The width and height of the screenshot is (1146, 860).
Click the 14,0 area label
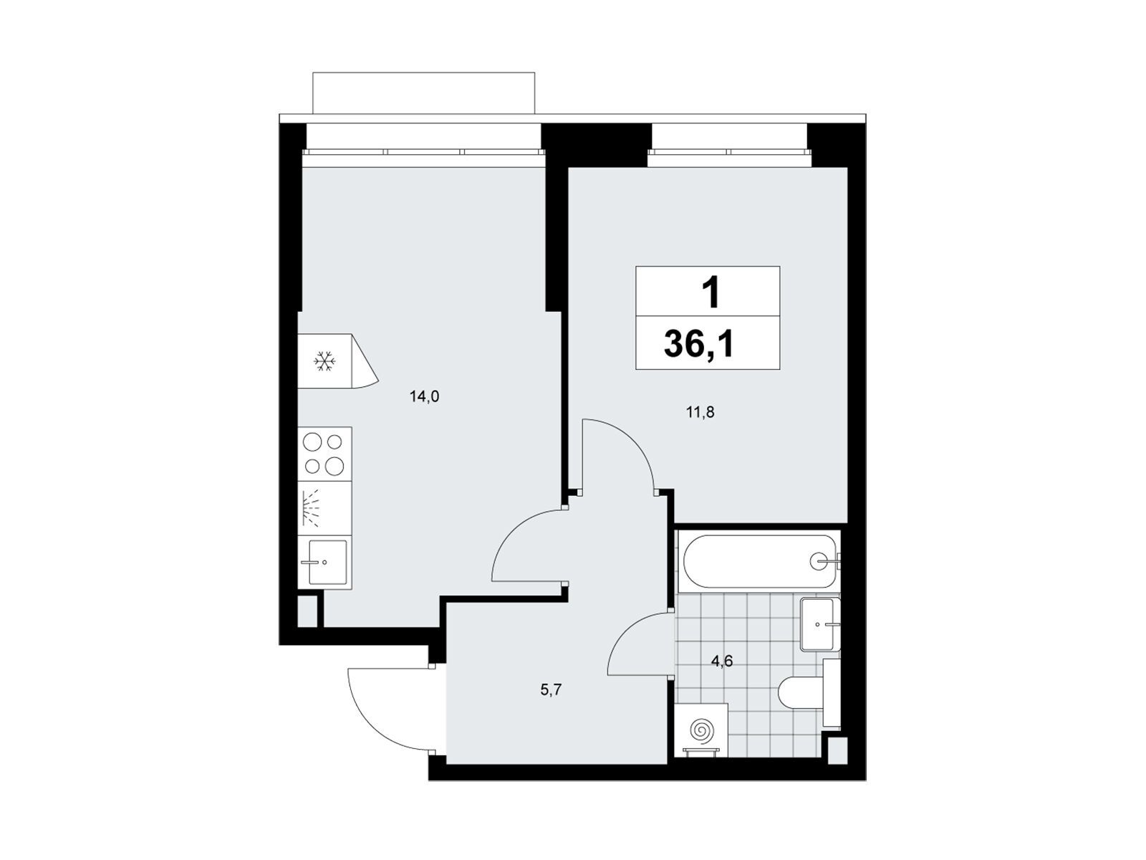[424, 397]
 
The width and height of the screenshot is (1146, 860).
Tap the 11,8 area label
[700, 413]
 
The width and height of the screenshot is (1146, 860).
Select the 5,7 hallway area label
[551, 690]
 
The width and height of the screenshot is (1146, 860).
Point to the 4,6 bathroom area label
[722, 661]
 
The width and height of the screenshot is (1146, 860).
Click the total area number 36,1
[698, 344]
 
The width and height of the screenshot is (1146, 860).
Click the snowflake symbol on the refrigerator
[324, 360]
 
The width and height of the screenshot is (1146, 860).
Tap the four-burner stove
[324, 454]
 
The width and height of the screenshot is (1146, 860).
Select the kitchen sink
[324, 563]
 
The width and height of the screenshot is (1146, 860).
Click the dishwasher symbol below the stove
[324, 508]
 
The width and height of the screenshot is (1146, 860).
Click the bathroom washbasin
[819, 623]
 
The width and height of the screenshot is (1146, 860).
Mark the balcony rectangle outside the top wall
[423, 92]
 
